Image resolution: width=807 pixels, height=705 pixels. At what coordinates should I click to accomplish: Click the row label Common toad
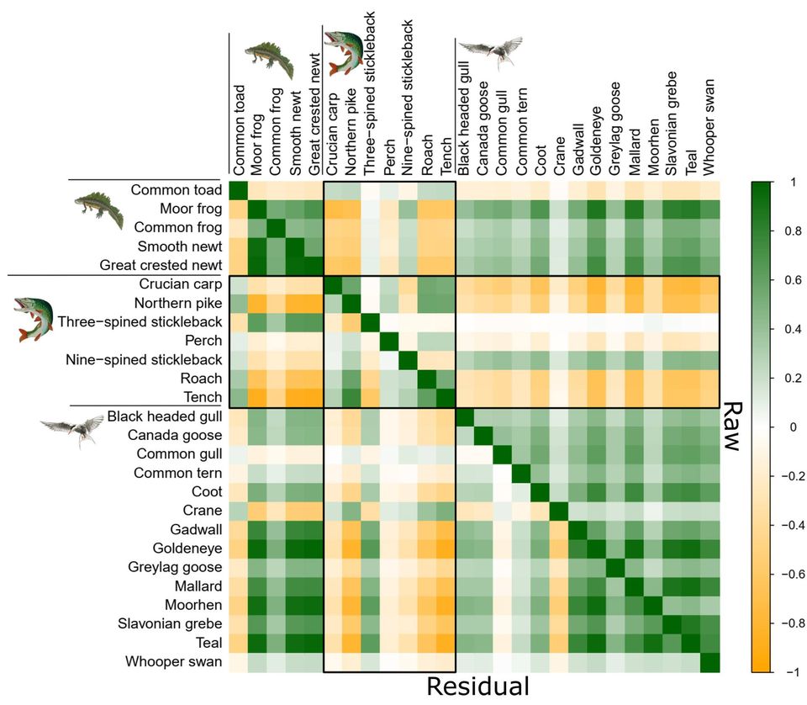point(177,190)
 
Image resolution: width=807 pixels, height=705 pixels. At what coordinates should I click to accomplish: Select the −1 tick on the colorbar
point(791,672)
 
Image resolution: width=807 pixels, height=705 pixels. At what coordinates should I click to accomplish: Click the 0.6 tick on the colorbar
point(791,280)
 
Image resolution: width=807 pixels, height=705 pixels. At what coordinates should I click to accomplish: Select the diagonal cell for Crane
point(559,511)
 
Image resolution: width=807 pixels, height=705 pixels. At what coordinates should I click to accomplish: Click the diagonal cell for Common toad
point(239,190)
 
